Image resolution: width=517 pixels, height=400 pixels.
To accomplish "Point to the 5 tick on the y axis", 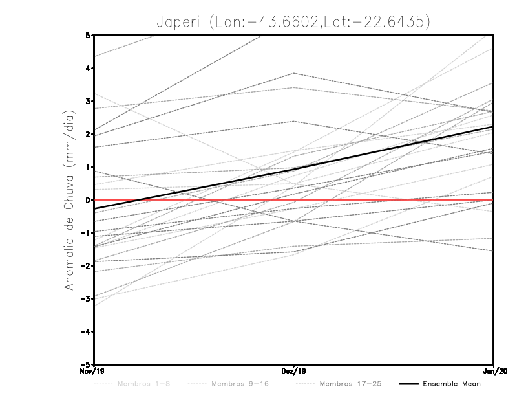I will [x=88, y=35].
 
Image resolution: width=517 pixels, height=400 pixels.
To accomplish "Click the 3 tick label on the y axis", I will [x=88, y=101].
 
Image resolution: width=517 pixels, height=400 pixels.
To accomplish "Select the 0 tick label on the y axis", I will [x=88, y=200].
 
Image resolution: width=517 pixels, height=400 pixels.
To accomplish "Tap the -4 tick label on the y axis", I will [x=86, y=331].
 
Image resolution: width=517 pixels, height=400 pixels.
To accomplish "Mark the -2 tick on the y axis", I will [x=86, y=265].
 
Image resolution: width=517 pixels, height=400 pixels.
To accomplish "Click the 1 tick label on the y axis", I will [x=88, y=167].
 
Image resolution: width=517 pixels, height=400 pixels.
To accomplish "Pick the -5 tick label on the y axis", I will [x=86, y=364].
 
